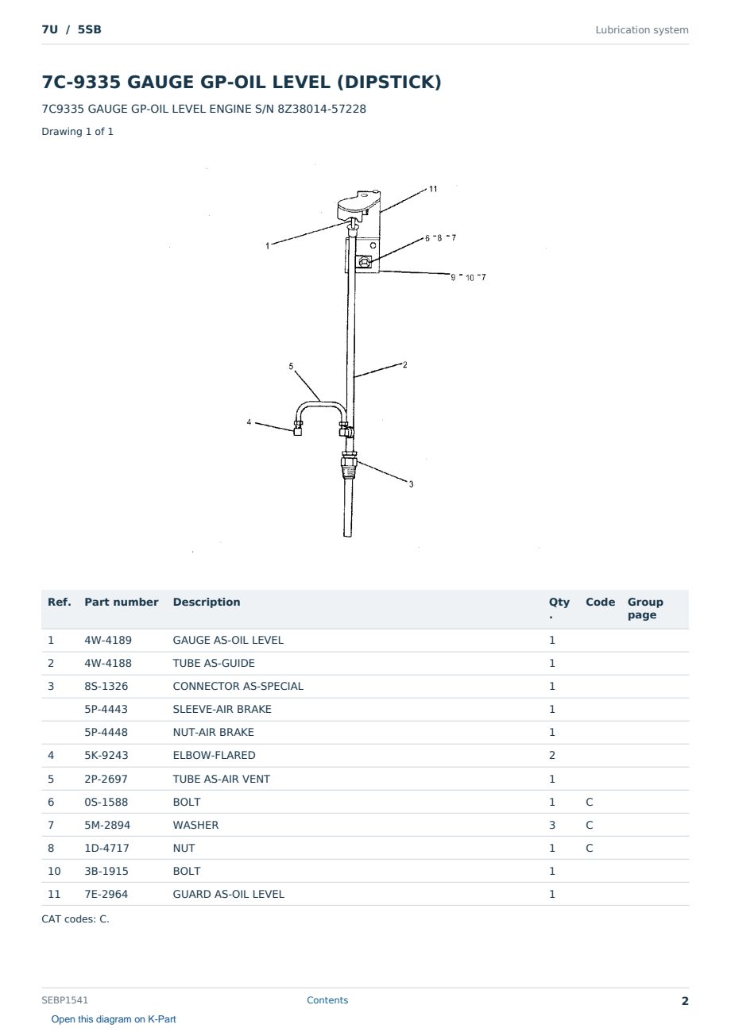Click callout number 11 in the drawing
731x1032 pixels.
[432, 189]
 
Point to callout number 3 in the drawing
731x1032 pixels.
[411, 484]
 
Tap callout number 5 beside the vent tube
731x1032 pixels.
[291, 366]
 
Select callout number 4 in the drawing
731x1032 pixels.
[249, 422]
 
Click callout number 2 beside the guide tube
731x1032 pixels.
[405, 365]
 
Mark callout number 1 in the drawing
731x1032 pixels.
[267, 246]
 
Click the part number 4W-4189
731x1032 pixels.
[108, 641]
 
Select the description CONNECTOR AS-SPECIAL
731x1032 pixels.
[238, 687]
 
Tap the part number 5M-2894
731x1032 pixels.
[107, 825]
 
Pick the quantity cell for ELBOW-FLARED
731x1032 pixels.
[552, 756]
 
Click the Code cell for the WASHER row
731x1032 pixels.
[589, 825]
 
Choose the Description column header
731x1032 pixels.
[206, 603]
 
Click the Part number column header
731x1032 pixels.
[121, 603]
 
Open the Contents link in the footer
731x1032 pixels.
[327, 1000]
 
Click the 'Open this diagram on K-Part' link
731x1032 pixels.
[114, 1019]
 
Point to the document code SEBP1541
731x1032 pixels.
[64, 1000]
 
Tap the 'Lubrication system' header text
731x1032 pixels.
[641, 30]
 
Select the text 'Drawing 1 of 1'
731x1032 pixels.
[77, 132]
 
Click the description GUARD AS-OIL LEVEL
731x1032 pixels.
[228, 894]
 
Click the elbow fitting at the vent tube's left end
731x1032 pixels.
[298, 429]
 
